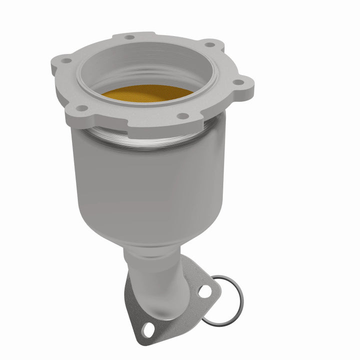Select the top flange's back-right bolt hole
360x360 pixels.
210,44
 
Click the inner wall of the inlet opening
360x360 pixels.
125,65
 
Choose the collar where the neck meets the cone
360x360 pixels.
150,255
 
